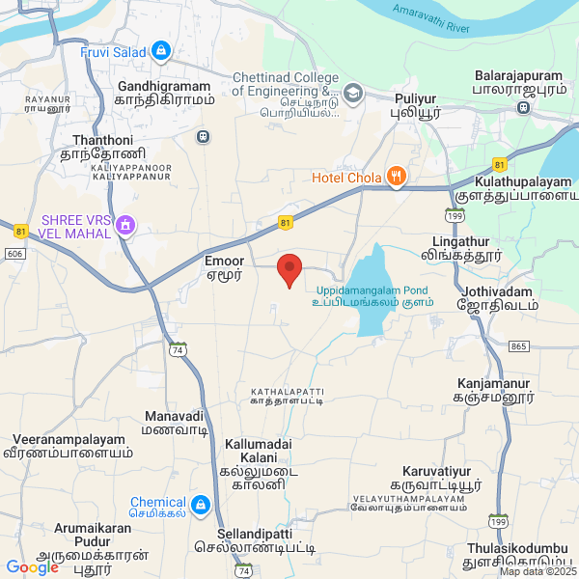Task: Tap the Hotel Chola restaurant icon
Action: (395, 177)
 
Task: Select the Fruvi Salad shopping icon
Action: (161, 51)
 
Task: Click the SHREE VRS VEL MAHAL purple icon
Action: (124, 226)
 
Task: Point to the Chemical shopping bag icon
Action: (200, 504)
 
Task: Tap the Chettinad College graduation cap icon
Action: (352, 93)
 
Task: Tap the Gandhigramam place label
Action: (163, 93)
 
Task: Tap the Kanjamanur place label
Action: (494, 388)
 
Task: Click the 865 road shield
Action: (518, 345)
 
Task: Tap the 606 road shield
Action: (14, 252)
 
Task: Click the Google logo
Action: (32, 566)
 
